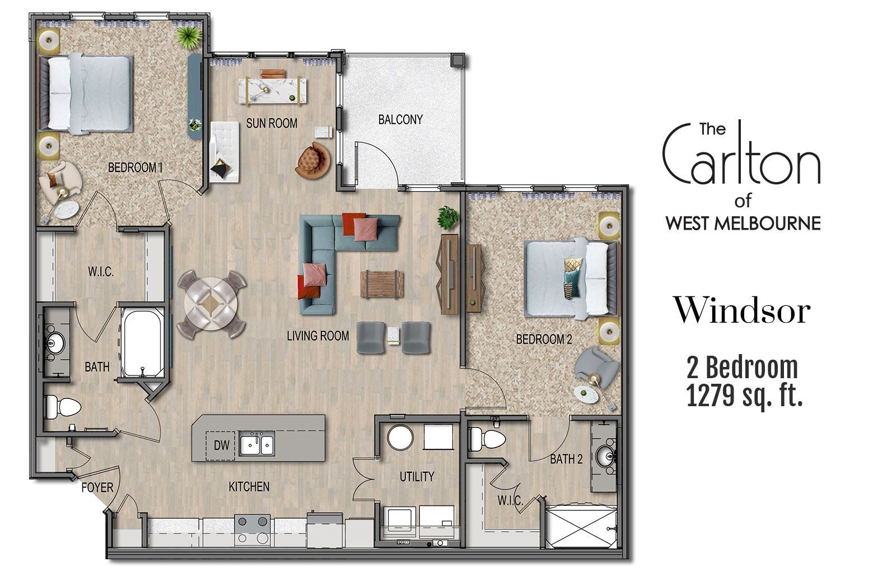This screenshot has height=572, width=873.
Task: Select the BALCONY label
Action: (400, 119)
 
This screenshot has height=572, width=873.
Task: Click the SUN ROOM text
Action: (272, 123)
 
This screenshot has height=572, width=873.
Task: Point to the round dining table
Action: (211, 304)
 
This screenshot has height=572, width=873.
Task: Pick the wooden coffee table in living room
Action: (382, 284)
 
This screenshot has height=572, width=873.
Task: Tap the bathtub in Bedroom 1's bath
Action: (142, 342)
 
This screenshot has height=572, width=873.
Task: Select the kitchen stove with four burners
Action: (253, 529)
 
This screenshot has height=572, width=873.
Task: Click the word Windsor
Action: (742, 311)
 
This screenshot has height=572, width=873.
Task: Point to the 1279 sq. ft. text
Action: (744, 397)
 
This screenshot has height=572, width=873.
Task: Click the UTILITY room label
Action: (417, 477)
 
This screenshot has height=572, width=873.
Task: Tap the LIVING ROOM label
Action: (318, 336)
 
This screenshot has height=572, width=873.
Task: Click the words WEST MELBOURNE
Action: (743, 224)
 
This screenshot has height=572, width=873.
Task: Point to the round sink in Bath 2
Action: (604, 455)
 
